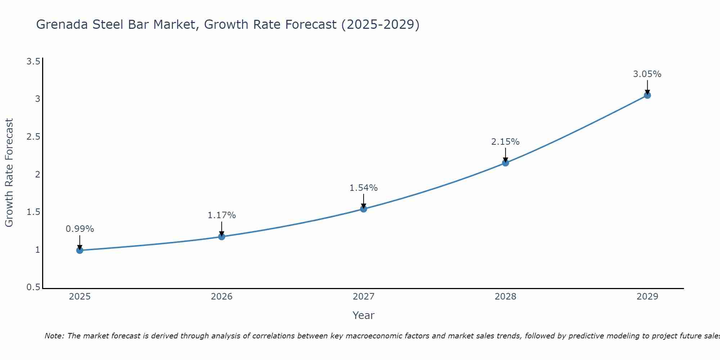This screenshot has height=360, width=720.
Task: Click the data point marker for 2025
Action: [80, 250]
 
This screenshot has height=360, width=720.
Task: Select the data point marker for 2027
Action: [364, 209]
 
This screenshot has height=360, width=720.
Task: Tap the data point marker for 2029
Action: [647, 95]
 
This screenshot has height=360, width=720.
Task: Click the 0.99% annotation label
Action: [80, 229]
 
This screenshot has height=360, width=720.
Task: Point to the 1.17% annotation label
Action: [222, 215]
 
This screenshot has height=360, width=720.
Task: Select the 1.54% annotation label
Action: [364, 188]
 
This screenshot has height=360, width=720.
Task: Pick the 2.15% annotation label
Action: [505, 142]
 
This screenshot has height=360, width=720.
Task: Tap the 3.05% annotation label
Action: [647, 74]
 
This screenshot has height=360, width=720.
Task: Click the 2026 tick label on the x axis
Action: [222, 297]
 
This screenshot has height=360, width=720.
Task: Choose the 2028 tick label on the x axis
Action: [505, 297]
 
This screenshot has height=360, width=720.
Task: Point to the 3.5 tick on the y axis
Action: [33, 62]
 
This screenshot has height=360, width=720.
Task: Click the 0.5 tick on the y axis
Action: [33, 287]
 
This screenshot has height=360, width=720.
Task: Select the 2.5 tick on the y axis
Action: [33, 137]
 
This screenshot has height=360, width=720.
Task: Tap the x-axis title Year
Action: [364, 315]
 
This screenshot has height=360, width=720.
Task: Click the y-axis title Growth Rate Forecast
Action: [9, 173]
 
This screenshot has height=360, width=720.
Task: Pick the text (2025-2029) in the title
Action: [380, 24]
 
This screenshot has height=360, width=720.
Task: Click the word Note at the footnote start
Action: [54, 336]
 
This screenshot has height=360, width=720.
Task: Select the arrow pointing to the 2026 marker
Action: [222, 229]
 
